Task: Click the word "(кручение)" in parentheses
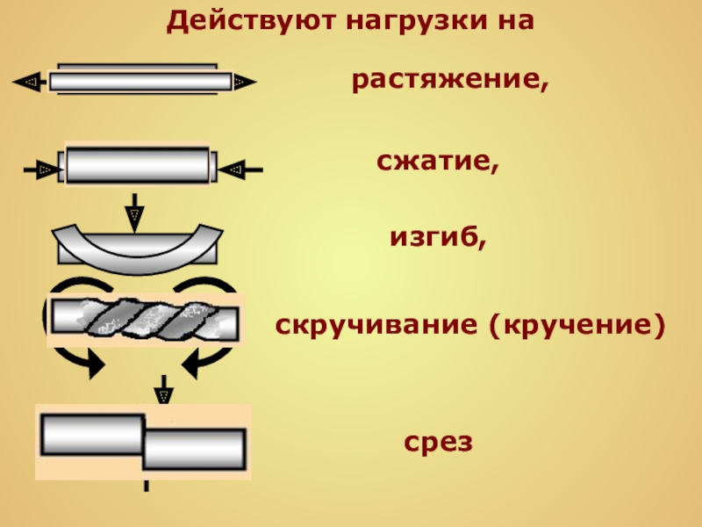575,327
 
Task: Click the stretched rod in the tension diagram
136,82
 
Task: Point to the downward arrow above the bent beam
134,211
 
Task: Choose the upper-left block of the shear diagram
91,434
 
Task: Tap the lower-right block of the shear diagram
194,450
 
